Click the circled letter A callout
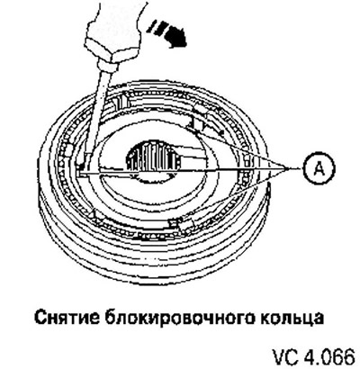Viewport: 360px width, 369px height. tap(319, 170)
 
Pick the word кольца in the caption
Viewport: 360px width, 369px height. tap(290, 319)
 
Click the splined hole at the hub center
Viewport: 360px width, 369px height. tap(154, 157)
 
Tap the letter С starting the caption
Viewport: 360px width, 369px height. tap(40, 318)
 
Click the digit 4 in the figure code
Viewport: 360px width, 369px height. tap(310, 357)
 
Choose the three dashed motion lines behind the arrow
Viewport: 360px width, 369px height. tap(156, 26)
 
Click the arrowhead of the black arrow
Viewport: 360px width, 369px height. tap(176, 39)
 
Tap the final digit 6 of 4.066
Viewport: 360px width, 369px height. tap(349, 357)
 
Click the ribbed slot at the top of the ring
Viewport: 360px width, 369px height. tap(121, 103)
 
